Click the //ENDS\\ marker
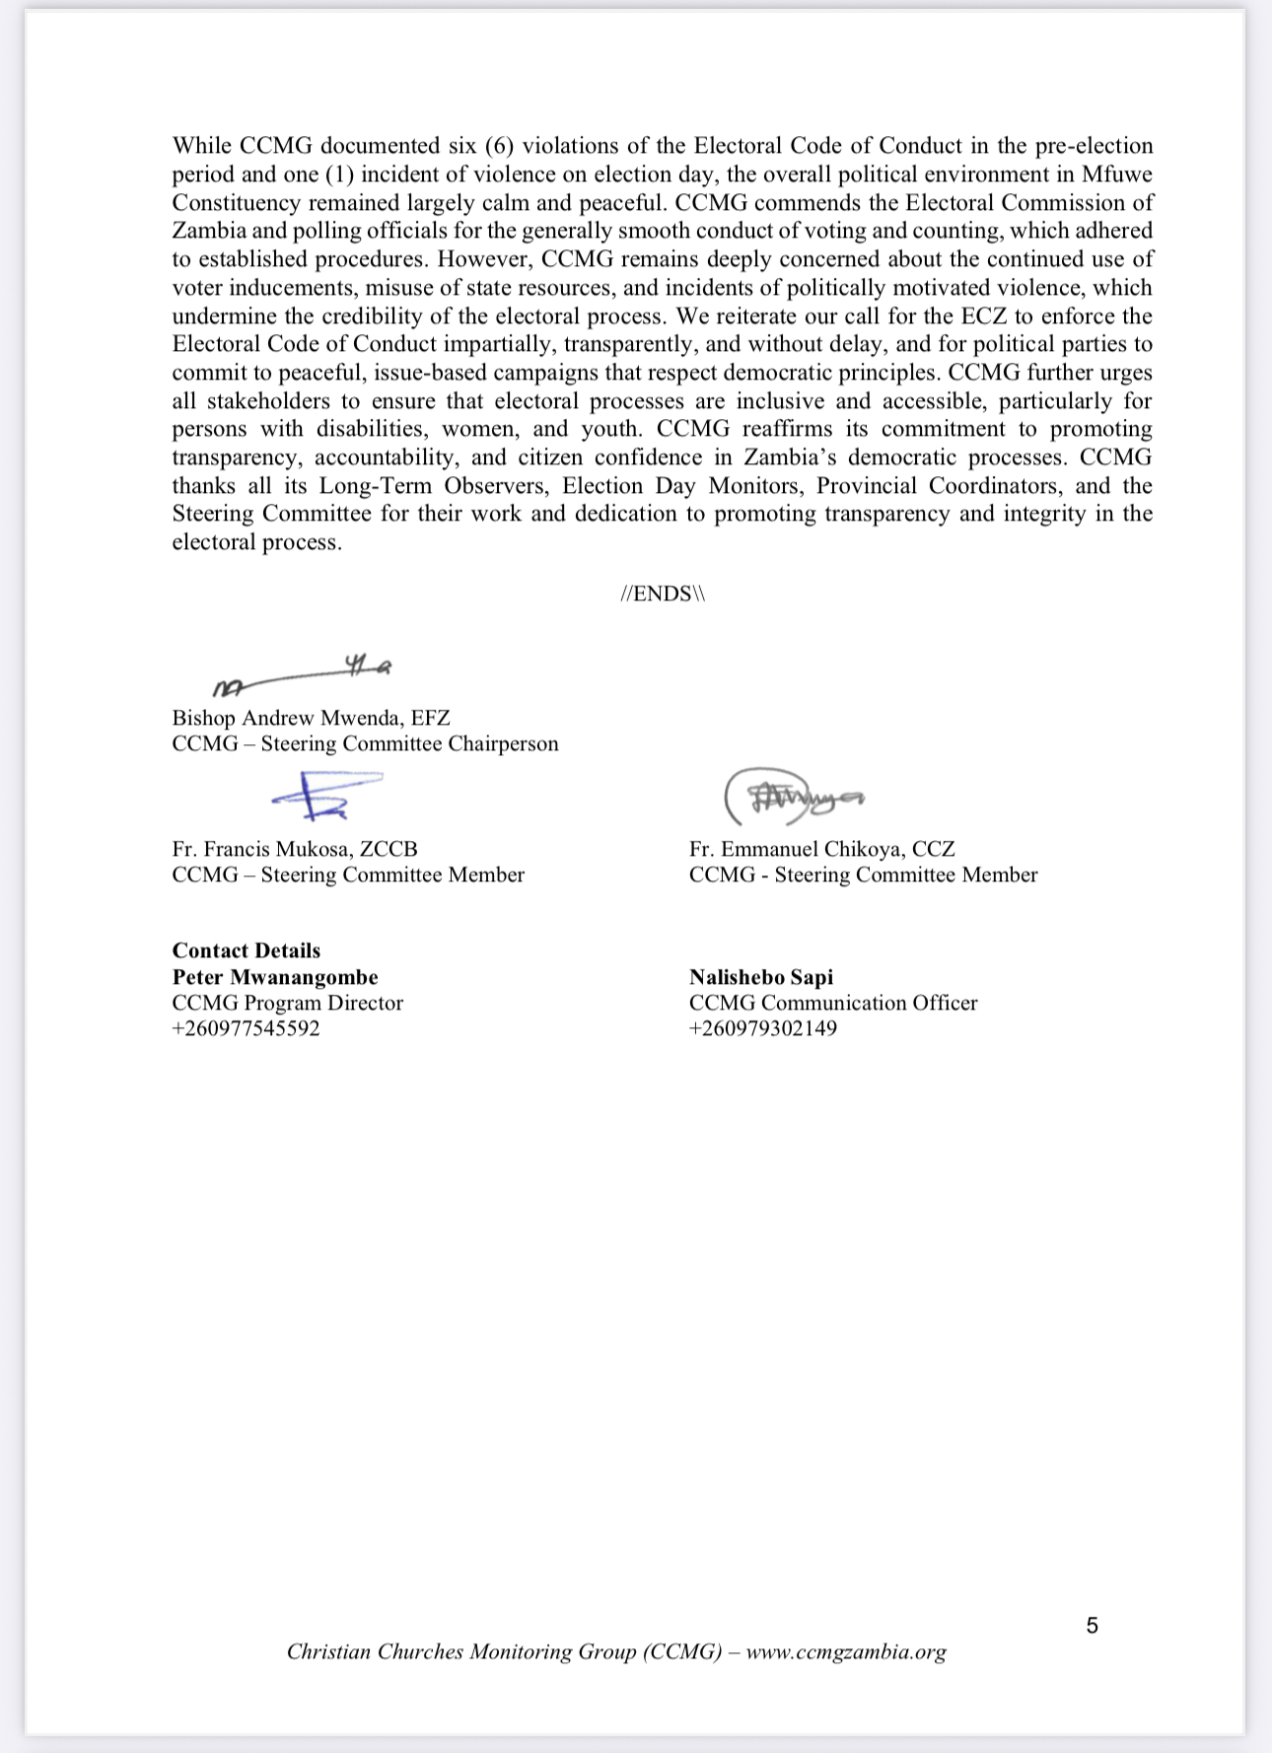pos(663,594)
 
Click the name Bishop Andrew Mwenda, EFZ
pos(311,718)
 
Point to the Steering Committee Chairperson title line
pos(365,743)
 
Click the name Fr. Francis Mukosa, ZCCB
pos(294,849)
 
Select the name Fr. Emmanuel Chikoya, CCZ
pos(821,849)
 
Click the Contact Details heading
pos(246,950)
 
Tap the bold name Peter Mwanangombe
pos(274,977)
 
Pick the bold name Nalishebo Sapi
pos(760,977)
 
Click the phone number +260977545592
pos(246,1028)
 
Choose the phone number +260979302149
pos(762,1028)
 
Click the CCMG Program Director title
pos(287,1003)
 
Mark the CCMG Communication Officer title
pos(833,1003)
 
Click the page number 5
pos(1092,1626)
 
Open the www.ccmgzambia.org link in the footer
pos(845,1651)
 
